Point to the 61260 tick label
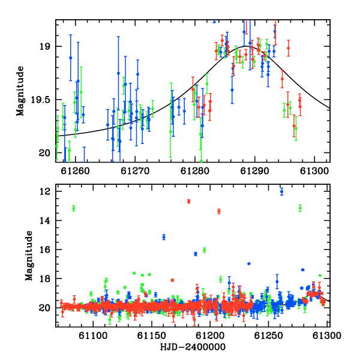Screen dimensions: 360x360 (75, 171)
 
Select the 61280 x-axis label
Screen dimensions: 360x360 (194, 171)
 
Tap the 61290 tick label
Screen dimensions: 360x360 (254, 171)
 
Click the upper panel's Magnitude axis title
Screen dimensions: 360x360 (20, 91)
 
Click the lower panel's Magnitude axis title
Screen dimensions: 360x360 (29, 256)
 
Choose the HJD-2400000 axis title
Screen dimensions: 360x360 (193, 347)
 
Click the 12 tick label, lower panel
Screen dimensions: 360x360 (45, 191)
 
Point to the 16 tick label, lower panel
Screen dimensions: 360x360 (45, 250)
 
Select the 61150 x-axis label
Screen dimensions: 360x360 (151, 336)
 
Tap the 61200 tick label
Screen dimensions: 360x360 (209, 336)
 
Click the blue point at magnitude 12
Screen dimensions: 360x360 (282, 191)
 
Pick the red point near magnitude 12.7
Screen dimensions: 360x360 (189, 202)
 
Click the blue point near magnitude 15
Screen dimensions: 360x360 (164, 237)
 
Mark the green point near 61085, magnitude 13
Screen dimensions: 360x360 (73, 208)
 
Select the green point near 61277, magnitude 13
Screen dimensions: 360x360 (300, 208)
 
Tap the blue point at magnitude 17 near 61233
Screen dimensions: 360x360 (248, 263)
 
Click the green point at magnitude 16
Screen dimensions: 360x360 (205, 250)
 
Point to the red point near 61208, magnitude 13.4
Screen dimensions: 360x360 (219, 211)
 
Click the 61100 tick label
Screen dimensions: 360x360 (93, 336)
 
